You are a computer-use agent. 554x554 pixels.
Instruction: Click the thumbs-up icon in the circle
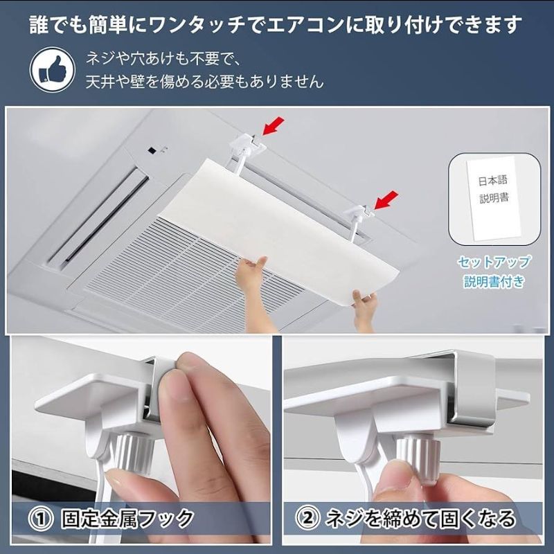53,71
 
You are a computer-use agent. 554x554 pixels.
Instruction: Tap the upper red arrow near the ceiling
273,126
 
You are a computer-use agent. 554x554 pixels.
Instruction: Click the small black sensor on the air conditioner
152,150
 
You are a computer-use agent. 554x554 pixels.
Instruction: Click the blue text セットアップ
494,262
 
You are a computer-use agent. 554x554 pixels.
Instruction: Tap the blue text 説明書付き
494,282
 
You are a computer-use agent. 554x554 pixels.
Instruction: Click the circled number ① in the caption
41,519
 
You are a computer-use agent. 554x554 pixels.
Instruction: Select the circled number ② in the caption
307,518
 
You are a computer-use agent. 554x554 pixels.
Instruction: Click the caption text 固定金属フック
127,519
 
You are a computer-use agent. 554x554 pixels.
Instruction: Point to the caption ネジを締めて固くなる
420,518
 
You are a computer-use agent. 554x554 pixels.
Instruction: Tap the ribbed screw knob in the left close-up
134,454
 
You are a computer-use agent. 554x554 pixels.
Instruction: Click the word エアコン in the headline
305,25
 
